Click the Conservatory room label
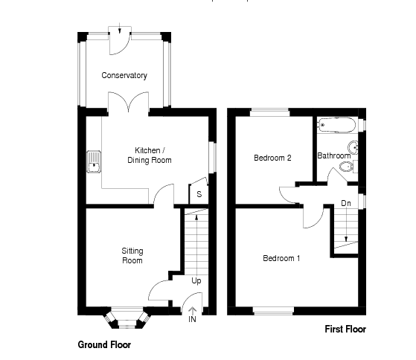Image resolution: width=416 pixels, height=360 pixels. [125, 75]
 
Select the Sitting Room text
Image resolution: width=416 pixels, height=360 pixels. [132, 256]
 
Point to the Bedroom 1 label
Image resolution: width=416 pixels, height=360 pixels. [281, 259]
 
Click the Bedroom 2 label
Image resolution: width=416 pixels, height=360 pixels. [272, 158]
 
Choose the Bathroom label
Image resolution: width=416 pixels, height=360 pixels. [333, 156]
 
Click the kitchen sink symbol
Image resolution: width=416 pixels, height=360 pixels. [94, 161]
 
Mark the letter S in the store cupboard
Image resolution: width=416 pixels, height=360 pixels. [199, 194]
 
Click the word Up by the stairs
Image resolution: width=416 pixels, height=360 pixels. [196, 281]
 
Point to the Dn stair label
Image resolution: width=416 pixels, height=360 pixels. [346, 203]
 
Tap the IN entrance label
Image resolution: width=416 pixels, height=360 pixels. [192, 320]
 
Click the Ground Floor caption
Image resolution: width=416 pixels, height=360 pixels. [104, 344]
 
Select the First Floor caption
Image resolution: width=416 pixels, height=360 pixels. [345, 329]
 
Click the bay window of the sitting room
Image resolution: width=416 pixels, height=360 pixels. [124, 318]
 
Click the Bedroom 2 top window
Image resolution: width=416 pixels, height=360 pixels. [269, 112]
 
